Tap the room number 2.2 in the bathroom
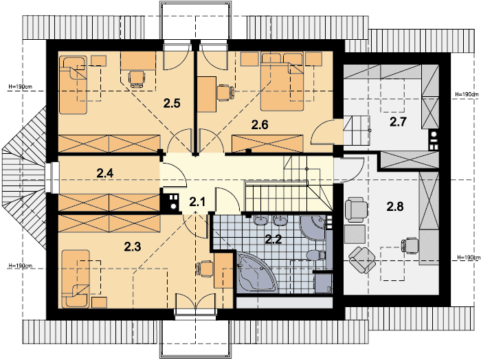[273, 240]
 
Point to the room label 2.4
[104, 173]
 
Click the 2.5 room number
[171, 104]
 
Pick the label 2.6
[259, 125]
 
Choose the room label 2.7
[398, 123]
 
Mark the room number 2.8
[395, 205]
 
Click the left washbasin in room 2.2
[261, 221]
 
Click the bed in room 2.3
[78, 279]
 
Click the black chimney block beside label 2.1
[169, 202]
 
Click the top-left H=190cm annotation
[20, 87]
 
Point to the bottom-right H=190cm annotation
[467, 258]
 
